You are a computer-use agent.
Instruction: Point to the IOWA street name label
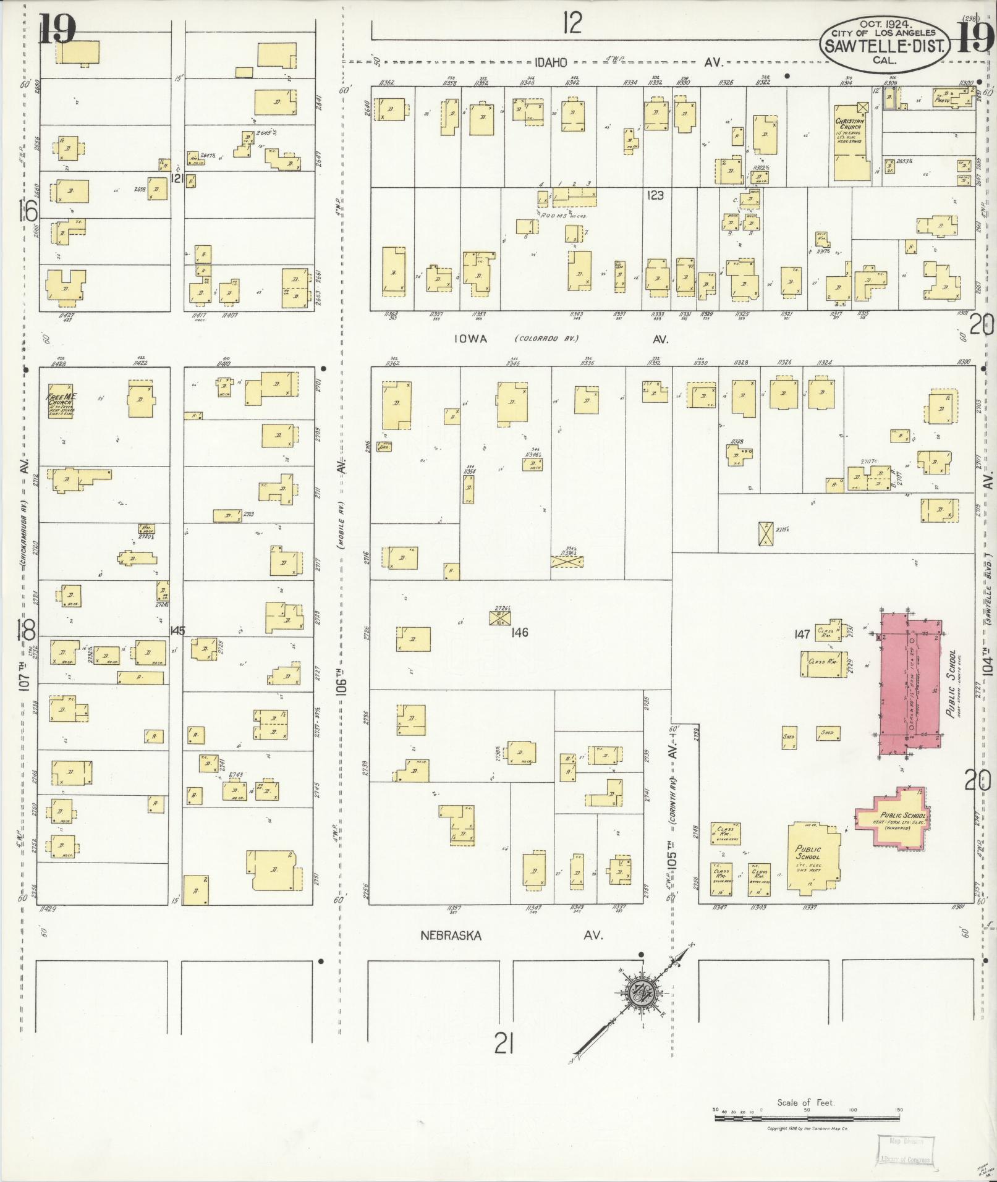coord(471,339)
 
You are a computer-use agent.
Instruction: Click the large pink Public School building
coord(910,680)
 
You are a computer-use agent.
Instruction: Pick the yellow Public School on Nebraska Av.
coord(813,856)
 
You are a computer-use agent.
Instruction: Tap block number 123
coord(655,195)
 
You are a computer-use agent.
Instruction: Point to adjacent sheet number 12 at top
coord(572,23)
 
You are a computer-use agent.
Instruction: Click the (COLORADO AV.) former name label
coord(544,339)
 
